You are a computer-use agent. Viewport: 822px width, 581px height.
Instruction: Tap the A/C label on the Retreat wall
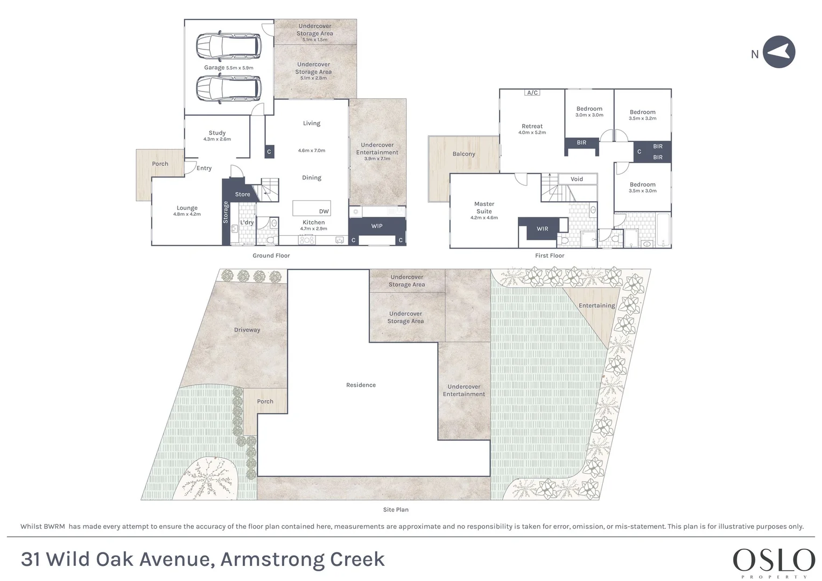532,93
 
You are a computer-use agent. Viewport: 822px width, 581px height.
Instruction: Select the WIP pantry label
377,226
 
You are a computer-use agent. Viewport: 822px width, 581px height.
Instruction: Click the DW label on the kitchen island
324,211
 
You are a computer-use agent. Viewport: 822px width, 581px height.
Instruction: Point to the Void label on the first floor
577,179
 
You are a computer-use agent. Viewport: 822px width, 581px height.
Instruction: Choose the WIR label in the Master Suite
543,229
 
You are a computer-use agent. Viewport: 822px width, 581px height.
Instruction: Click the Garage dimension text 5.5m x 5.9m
240,68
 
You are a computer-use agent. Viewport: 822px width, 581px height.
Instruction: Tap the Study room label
217,133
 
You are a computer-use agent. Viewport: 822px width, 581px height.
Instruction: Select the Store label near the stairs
243,194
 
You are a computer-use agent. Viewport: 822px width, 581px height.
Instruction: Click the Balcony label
464,154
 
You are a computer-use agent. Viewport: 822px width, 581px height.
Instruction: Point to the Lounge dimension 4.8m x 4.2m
187,214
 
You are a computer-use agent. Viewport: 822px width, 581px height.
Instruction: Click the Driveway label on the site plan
247,330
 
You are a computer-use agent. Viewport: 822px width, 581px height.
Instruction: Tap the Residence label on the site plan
361,385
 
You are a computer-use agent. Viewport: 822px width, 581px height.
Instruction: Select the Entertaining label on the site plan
596,306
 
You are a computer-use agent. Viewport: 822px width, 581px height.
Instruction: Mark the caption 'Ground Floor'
271,256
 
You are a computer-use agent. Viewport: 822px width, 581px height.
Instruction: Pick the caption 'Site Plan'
396,509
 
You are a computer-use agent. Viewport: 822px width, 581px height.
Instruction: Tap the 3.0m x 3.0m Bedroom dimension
589,115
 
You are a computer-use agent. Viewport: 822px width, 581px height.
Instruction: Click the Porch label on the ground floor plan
160,164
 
